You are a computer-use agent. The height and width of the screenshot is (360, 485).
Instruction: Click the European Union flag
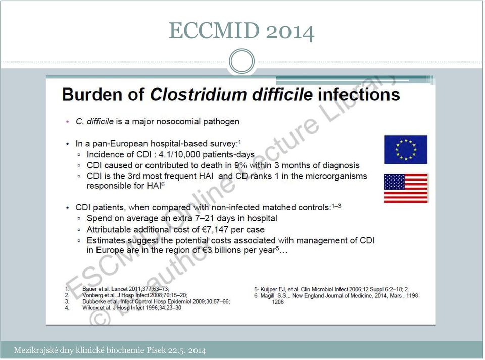pos(406,150)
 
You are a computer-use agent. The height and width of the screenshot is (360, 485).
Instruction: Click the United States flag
pos(406,188)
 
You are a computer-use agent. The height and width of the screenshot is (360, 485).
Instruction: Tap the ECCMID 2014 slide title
pos(241,31)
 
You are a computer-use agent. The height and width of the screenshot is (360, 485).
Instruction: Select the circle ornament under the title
pos(242,61)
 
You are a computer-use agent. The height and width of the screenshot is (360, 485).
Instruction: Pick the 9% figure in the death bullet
pos(240,165)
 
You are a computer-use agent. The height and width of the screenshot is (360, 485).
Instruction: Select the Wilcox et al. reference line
pos(132,308)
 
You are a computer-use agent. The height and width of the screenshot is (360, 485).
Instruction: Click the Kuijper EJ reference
pos(331,289)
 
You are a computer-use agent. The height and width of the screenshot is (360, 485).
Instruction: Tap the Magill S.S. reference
pos(337,299)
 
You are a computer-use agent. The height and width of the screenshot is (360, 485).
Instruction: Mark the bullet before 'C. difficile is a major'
pos(67,122)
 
